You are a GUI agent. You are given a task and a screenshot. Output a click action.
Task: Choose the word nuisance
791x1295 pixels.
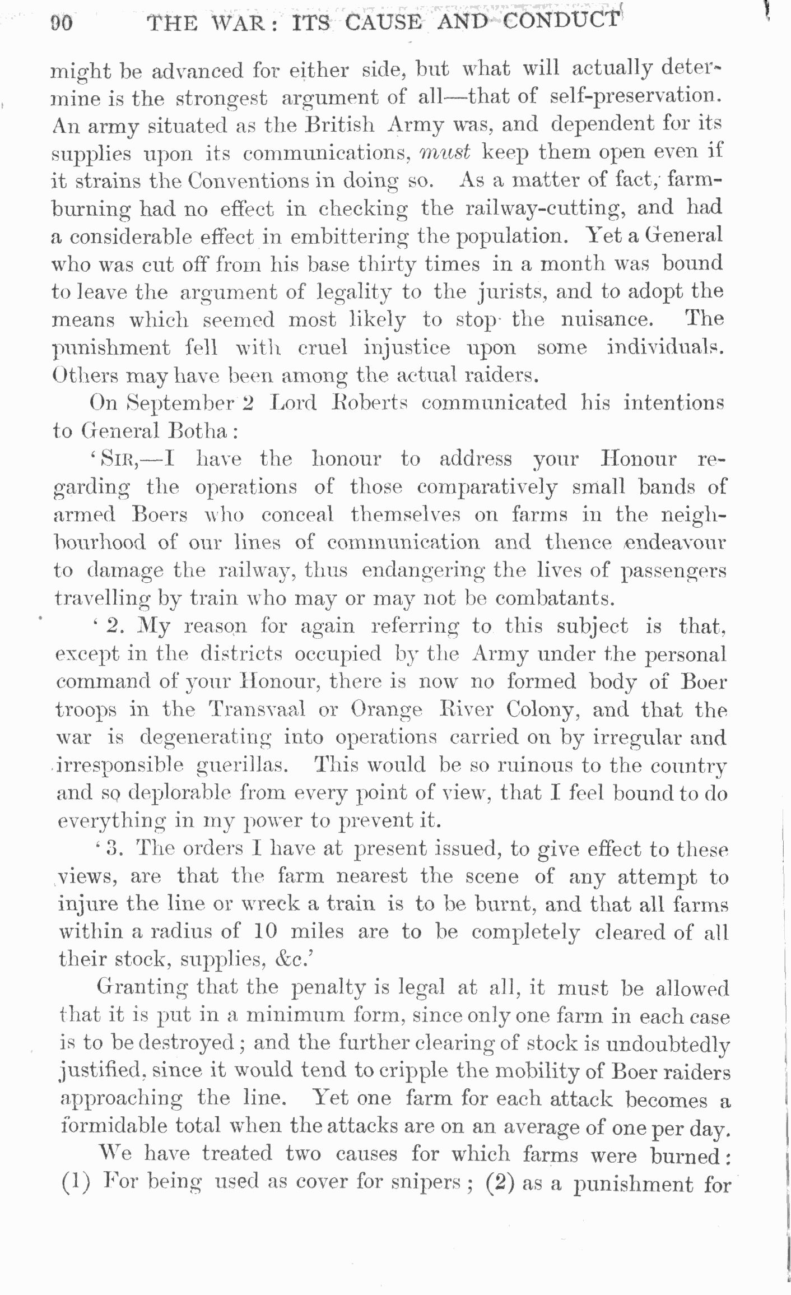[606, 319]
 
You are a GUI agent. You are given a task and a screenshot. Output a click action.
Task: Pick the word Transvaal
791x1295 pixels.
[257, 710]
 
